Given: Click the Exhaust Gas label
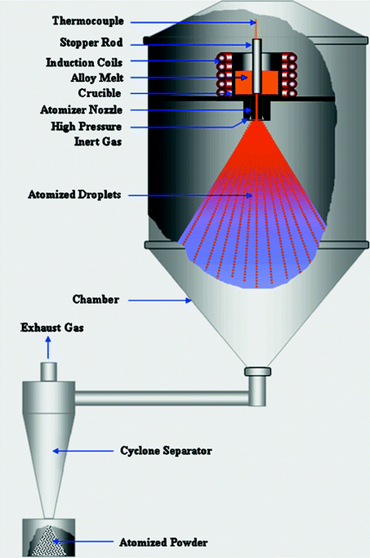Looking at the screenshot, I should coord(49,328).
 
